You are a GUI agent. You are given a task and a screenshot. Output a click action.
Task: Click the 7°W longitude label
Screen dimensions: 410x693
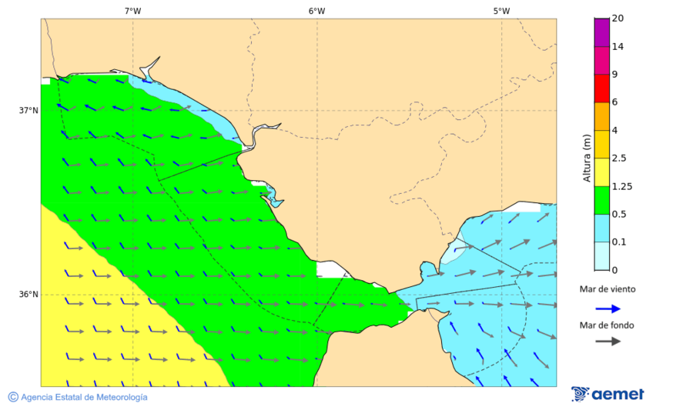[x=132, y=11]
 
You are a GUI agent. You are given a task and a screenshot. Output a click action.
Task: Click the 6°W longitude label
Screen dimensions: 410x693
[x=316, y=11]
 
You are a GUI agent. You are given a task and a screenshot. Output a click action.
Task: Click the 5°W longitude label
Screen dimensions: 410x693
[x=501, y=11]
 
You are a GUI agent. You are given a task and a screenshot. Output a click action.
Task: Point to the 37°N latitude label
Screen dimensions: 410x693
[x=28, y=110]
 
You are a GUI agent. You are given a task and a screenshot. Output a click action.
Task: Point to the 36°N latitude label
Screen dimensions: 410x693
[x=28, y=294]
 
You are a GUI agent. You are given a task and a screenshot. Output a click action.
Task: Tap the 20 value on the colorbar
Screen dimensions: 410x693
[x=618, y=18]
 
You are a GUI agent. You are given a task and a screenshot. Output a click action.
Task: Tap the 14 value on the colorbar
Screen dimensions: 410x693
[x=618, y=46]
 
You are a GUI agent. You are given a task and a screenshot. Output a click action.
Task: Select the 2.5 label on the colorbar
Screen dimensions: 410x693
[x=619, y=158]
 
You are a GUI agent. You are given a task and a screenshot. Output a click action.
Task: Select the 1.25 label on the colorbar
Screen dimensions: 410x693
[x=621, y=186]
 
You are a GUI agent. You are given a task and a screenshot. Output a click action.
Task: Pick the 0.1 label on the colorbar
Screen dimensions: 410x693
[x=619, y=242]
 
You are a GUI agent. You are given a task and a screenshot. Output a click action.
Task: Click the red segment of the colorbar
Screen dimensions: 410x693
[x=601, y=88]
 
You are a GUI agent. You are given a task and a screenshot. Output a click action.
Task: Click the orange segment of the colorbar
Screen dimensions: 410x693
[x=601, y=116]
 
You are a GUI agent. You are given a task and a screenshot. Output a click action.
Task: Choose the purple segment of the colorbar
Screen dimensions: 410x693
[x=601, y=32]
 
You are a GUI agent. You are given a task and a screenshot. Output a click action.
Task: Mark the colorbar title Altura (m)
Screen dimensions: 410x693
[x=587, y=158]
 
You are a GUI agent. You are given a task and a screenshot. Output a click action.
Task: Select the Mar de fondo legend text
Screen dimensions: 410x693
[x=608, y=325]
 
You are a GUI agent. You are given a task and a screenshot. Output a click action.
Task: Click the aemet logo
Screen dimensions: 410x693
[x=608, y=394]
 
